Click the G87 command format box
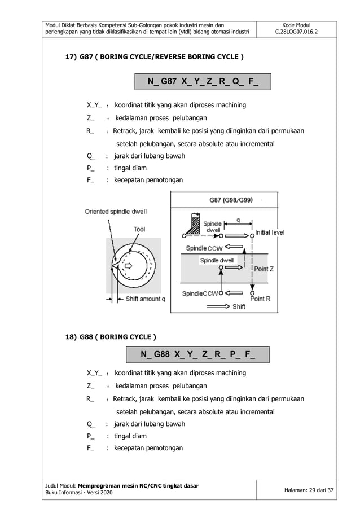(203, 81)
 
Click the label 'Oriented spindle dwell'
(115, 212)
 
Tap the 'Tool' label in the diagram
(139, 229)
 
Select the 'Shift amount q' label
(145, 299)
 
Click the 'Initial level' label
(270, 232)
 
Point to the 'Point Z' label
(264, 269)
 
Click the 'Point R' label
(262, 299)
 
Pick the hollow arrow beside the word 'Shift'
(218, 307)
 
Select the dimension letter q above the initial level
(238, 220)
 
